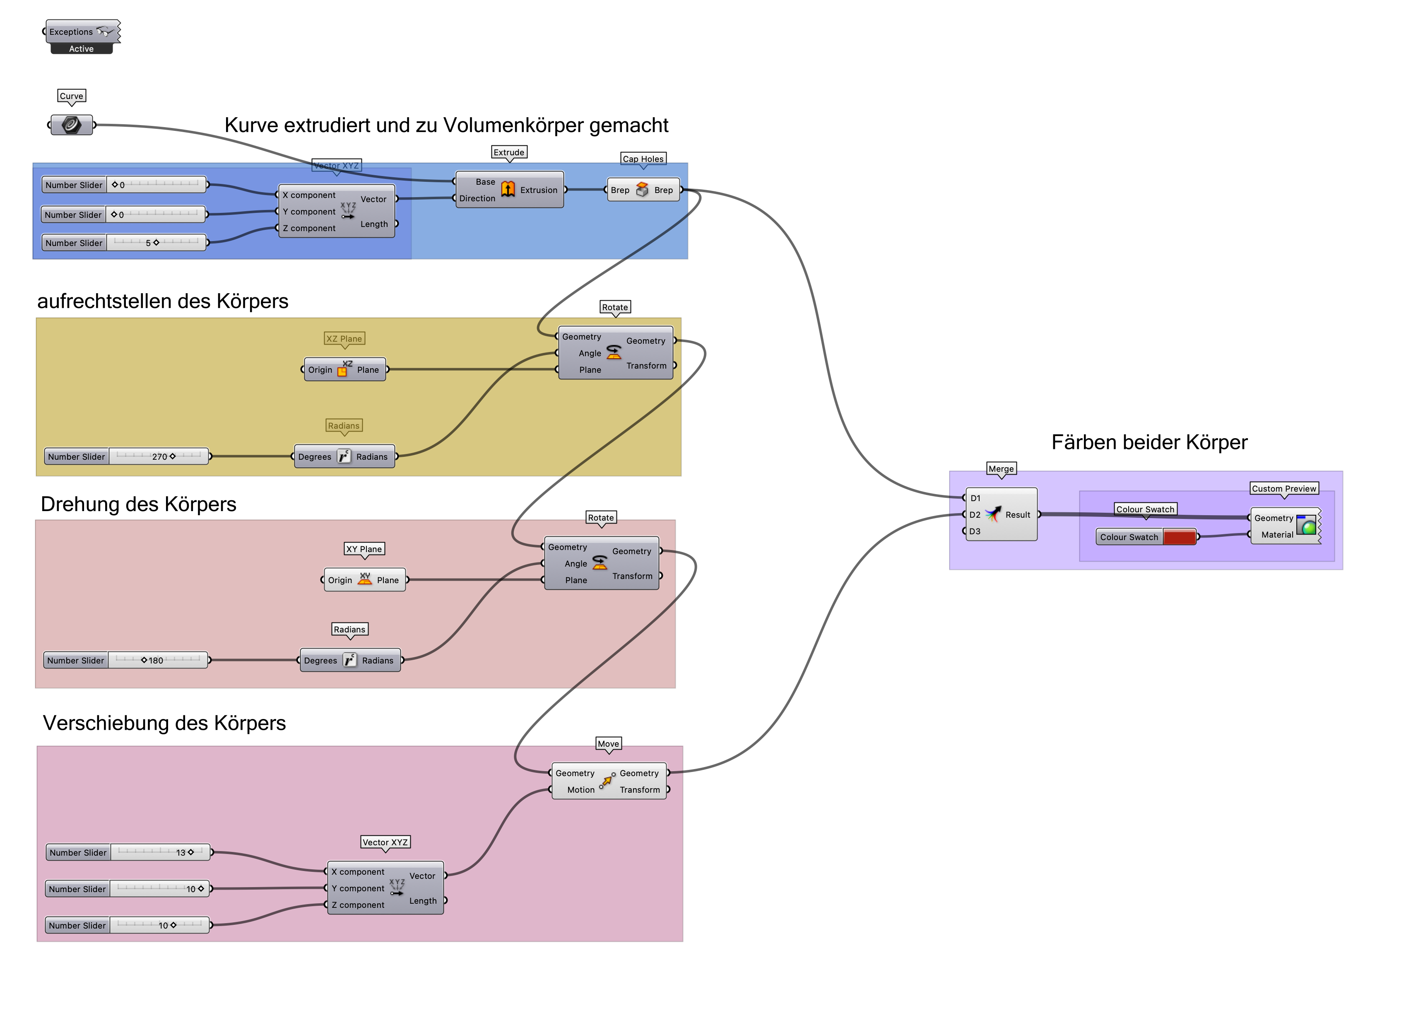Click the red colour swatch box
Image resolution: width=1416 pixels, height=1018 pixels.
point(1179,537)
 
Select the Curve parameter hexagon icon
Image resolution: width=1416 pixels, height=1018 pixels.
point(72,125)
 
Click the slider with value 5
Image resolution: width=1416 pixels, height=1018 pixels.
point(156,243)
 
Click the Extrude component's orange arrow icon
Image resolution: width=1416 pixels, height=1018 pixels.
point(508,189)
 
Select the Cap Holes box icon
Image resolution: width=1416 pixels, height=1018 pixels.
point(642,190)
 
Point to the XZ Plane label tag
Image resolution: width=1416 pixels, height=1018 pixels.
point(344,338)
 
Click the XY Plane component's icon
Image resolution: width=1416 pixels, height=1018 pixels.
point(365,579)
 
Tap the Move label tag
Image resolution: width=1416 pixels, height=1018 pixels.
point(608,744)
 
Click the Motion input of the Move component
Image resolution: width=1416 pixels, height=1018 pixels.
point(580,790)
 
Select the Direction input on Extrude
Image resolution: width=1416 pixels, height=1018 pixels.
point(477,199)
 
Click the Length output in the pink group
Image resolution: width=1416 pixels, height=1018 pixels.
point(423,901)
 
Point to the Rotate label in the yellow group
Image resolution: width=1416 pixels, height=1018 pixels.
point(615,307)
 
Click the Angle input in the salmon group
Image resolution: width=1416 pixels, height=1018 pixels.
point(575,563)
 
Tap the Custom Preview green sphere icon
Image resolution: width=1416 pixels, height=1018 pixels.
point(1306,525)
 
